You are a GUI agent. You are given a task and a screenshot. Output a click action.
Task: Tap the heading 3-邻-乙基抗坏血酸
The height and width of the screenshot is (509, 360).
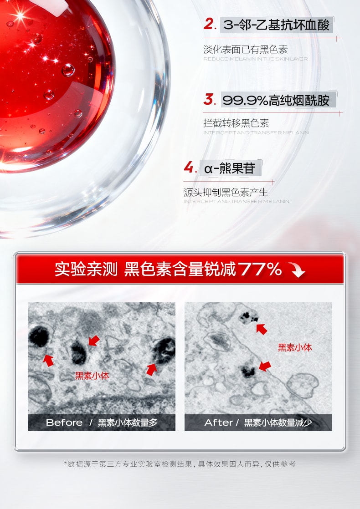tap(277, 25)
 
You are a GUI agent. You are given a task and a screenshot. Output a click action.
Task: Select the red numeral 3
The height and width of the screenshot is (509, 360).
tap(209, 99)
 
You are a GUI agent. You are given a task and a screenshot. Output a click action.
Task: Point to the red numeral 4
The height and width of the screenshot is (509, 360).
tap(189, 168)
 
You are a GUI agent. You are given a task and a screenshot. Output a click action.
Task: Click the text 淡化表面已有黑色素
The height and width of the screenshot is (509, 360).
tap(246, 50)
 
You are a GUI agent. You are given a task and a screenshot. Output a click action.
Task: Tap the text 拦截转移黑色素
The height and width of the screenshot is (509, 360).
tap(236, 123)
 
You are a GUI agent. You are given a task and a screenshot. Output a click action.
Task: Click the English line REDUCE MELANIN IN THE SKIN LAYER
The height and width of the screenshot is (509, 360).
tap(255, 59)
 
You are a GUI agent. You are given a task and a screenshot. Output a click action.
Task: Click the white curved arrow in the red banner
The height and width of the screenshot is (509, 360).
tap(296, 271)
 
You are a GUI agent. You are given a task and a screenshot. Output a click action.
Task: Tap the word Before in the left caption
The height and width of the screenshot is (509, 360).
tap(64, 422)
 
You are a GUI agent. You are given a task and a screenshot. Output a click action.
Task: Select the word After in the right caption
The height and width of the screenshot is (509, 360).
tap(219, 422)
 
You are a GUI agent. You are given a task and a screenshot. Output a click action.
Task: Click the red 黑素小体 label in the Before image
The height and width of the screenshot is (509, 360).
tap(92, 376)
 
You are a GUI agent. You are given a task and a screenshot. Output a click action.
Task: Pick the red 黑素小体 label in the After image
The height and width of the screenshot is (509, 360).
tap(295, 348)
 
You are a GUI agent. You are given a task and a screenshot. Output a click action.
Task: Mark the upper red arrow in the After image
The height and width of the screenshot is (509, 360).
tap(262, 329)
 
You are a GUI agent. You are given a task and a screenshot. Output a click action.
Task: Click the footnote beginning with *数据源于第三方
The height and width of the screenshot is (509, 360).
tap(180, 464)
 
